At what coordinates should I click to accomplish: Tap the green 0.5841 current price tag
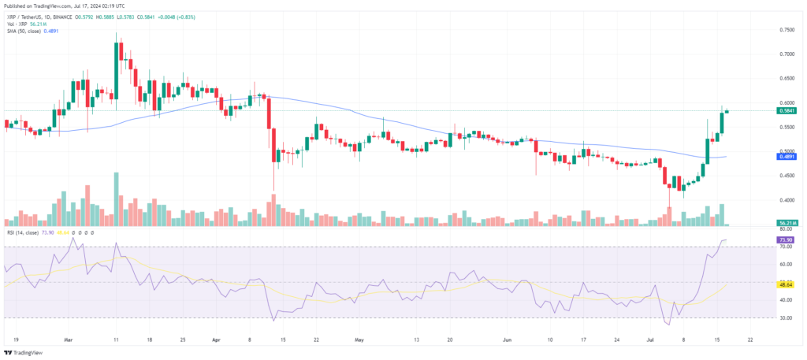[x=786, y=110]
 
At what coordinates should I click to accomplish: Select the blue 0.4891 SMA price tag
[x=786, y=156]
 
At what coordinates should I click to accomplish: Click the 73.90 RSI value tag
[x=785, y=239]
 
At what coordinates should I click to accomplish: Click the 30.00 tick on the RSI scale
[x=785, y=318]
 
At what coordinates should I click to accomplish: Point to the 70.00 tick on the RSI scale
[x=785, y=247]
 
